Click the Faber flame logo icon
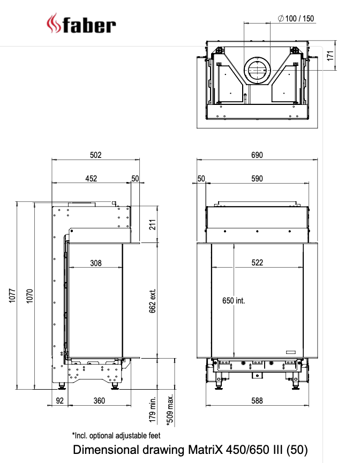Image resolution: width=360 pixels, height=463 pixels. pyautogui.click(x=54, y=25)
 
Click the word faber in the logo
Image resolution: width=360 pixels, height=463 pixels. pyautogui.click(x=89, y=25)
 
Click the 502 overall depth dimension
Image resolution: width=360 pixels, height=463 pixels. pyautogui.click(x=95, y=155)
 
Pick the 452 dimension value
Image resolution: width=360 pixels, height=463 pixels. pyautogui.click(x=91, y=178)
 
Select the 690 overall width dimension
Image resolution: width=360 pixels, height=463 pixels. pyautogui.click(x=257, y=155)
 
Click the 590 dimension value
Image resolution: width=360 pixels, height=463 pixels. pyautogui.click(x=257, y=178)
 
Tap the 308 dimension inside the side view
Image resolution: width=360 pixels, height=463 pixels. pyautogui.click(x=95, y=263)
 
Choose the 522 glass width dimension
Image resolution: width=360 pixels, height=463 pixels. pyautogui.click(x=257, y=263)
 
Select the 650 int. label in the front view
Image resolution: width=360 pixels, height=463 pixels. pyautogui.click(x=234, y=301)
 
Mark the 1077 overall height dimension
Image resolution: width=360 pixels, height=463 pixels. pyautogui.click(x=12, y=296)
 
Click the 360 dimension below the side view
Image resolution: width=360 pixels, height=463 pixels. pyautogui.click(x=99, y=400)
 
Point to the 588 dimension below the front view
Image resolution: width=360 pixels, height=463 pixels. pyautogui.click(x=257, y=400)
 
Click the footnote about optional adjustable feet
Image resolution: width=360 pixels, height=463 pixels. pyautogui.click(x=116, y=435)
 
